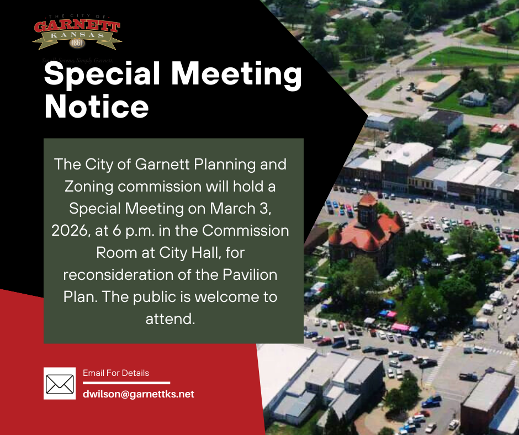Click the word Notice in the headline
click(97, 107)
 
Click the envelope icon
click(60, 383)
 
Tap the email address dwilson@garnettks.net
click(139, 394)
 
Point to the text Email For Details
click(116, 373)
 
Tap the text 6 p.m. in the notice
click(135, 230)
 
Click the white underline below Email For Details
click(126, 383)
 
